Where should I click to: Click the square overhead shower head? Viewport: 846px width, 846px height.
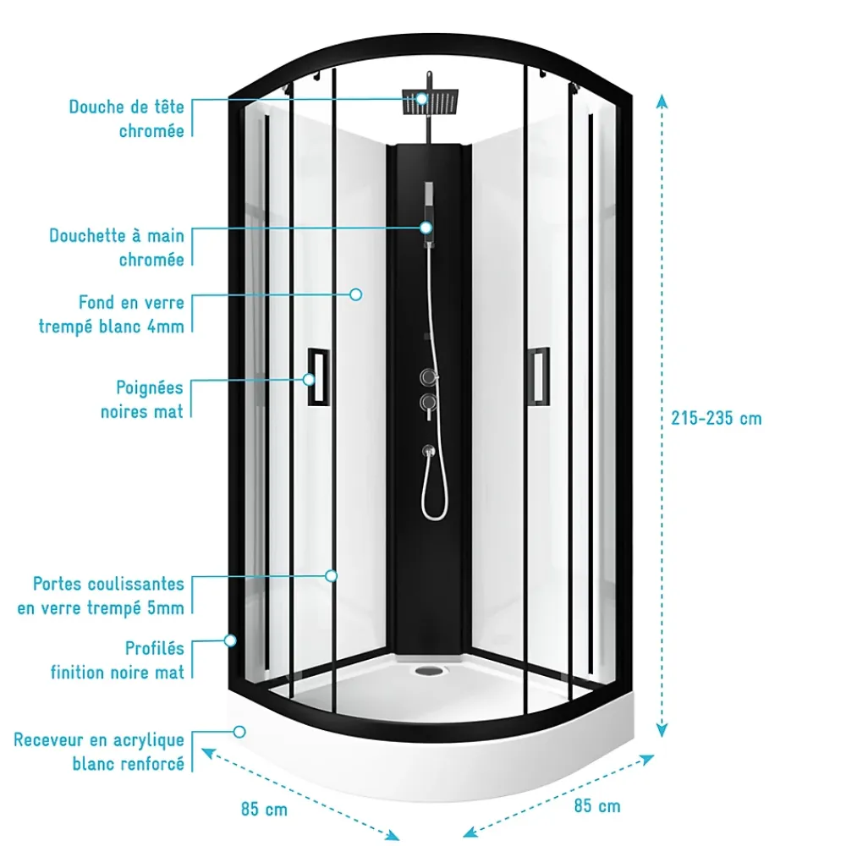430,102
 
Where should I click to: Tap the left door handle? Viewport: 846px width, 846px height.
318,376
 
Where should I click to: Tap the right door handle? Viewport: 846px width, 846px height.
538,375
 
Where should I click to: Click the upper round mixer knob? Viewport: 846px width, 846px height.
429,376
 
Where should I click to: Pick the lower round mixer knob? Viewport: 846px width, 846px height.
429,403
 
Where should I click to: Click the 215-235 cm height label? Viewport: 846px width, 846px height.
716,418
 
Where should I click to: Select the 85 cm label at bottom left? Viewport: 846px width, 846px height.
264,810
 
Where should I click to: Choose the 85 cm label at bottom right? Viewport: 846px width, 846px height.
596,805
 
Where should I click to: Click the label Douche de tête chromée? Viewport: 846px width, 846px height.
126,118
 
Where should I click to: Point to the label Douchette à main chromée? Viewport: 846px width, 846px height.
117,247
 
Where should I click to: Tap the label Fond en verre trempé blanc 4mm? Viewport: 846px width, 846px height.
111,314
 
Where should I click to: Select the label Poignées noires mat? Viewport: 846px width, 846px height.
142,399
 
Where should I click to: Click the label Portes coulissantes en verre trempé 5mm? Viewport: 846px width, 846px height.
101,596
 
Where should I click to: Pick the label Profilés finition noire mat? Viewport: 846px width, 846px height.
117,660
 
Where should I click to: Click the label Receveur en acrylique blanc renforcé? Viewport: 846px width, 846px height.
99,751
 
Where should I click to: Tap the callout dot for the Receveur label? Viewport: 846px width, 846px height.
239,732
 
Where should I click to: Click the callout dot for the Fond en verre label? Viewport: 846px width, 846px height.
355,294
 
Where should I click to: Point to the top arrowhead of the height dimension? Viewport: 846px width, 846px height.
662,101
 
